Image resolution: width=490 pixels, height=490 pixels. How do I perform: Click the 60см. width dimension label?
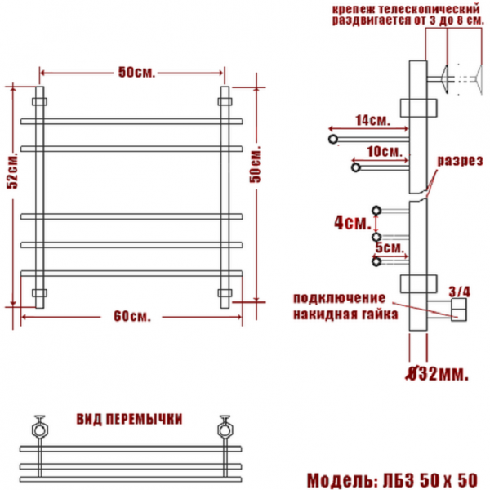tap(131, 317)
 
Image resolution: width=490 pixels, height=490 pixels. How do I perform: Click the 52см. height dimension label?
tap(13, 171)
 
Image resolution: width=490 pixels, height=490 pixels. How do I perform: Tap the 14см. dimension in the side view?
tap(373, 120)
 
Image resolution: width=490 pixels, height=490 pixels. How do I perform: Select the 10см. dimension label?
tap(385, 152)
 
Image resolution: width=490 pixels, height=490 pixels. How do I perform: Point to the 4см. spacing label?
tap(353, 223)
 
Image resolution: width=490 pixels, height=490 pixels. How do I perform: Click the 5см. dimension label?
tap(390, 247)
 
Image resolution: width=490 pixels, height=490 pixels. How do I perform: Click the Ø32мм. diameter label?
tap(437, 374)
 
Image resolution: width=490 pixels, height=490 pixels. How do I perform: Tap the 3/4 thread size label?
tap(459, 292)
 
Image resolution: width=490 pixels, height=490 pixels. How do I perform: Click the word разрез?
tap(460, 161)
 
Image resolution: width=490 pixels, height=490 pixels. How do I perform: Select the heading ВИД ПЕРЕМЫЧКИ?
tap(129, 420)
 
